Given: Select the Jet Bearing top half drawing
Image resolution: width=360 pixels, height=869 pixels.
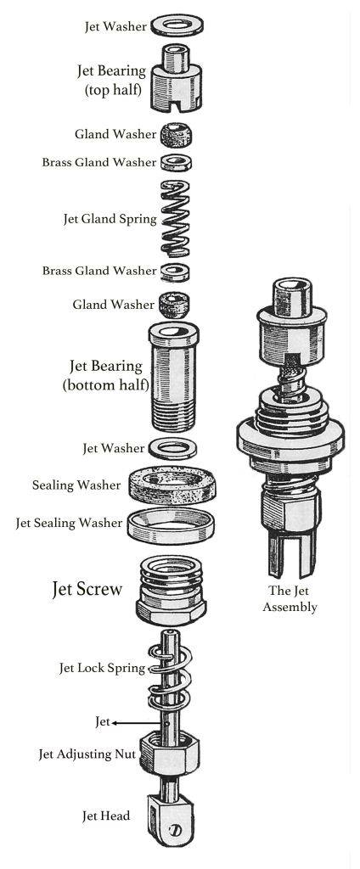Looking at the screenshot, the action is (x=176, y=77).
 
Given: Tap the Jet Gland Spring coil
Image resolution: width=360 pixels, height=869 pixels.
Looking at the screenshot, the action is (x=175, y=218).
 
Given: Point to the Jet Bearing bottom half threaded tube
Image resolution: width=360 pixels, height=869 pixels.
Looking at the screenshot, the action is (x=173, y=376).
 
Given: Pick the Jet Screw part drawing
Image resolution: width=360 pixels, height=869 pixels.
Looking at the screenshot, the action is (x=172, y=591).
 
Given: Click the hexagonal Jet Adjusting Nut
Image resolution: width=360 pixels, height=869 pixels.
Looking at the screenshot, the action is (x=170, y=752).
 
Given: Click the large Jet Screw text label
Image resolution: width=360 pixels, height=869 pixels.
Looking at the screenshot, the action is (x=87, y=589).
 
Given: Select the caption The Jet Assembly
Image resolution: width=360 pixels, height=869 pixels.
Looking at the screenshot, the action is (x=290, y=598).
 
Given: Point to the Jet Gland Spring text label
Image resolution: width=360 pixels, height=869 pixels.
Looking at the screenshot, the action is (x=110, y=220).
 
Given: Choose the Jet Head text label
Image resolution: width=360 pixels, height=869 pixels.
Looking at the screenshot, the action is (x=106, y=816).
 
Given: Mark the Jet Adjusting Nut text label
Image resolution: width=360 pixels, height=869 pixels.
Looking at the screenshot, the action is (x=87, y=754).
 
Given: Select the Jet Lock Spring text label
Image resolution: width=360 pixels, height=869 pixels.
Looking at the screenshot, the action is (x=102, y=669).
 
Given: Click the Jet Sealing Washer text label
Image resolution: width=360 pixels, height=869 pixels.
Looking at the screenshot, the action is (x=69, y=523).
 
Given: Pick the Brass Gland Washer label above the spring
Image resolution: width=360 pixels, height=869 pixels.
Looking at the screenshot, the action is (x=99, y=163).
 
